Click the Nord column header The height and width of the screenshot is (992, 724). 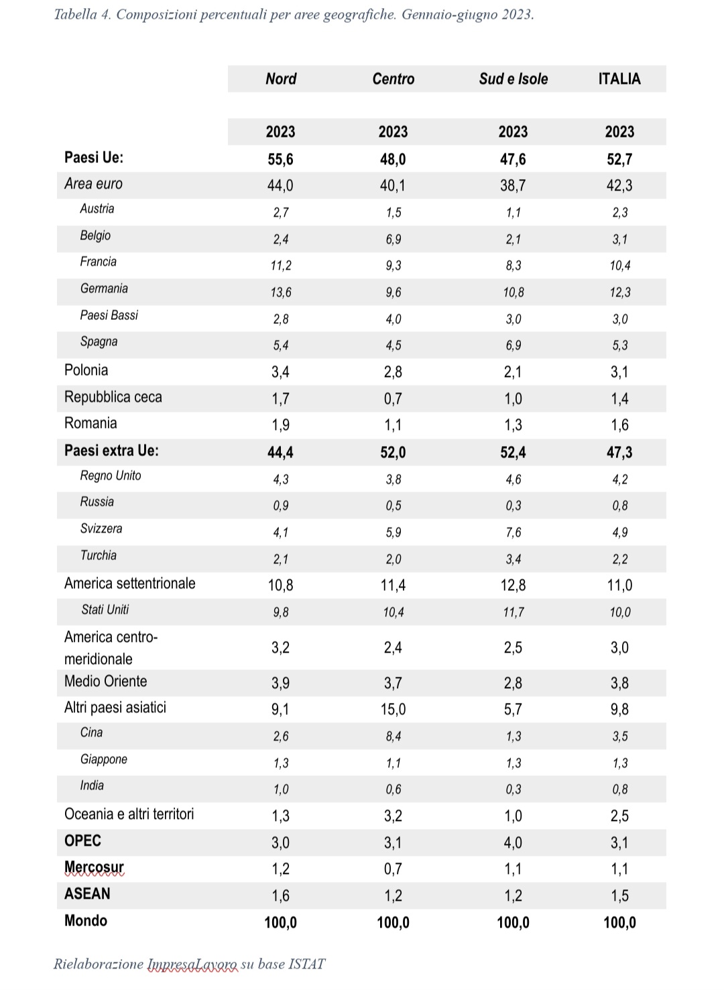point(281,79)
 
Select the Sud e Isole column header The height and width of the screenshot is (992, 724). point(514,79)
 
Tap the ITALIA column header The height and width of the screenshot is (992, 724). point(619,79)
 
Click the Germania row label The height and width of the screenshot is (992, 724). point(104,288)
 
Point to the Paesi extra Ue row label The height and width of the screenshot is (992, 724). point(111,450)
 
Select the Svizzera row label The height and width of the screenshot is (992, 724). point(101,529)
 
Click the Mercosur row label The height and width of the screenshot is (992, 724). point(94,867)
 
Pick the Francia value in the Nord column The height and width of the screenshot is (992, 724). point(281,266)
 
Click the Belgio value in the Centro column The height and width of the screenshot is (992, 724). point(394,239)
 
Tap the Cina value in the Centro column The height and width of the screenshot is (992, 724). point(394,736)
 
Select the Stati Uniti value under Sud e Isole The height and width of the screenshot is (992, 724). point(514,612)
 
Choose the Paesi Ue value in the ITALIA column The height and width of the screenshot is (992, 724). point(619,159)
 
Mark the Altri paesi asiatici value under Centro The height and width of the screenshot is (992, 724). point(393,710)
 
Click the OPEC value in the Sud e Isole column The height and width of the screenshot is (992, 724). point(513,842)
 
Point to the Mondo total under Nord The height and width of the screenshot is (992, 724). point(281,922)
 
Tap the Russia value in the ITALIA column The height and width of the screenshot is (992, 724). point(620,505)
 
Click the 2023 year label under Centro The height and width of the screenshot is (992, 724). point(393,132)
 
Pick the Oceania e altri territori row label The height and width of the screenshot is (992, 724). point(129,814)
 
